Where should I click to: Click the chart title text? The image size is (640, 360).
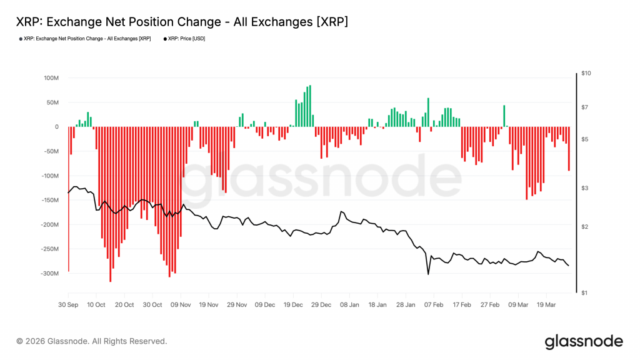[182, 22]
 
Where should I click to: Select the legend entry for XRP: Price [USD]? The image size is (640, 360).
[186, 39]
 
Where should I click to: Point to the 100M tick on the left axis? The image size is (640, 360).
[51, 78]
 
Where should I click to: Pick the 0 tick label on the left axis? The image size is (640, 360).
[56, 127]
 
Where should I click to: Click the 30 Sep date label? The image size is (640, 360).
[68, 305]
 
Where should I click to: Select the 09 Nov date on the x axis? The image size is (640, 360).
[181, 305]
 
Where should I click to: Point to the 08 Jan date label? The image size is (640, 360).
[349, 305]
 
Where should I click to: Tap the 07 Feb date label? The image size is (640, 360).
[434, 305]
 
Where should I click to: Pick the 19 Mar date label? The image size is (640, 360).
[546, 305]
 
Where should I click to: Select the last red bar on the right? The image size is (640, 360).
[569, 149]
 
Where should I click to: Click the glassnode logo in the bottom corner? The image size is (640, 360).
[584, 341]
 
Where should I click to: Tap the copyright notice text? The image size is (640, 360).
[92, 341]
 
